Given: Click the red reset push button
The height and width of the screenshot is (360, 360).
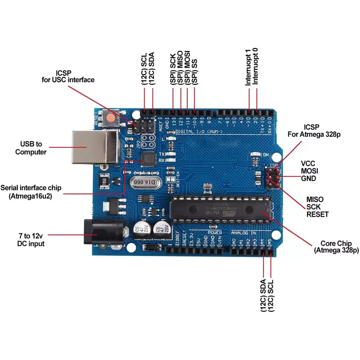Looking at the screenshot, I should click(110, 119).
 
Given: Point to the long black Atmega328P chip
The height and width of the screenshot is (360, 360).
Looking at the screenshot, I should click(221, 209).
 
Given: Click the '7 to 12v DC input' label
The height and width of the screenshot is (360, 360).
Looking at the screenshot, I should click(31, 239).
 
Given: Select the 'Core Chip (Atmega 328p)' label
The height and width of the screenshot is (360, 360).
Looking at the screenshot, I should click(336, 247).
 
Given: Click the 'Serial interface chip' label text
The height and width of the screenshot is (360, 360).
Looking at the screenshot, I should click(31, 188).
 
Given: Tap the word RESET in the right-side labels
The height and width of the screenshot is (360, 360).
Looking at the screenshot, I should click(318, 214).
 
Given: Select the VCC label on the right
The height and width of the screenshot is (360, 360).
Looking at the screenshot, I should click(308, 163).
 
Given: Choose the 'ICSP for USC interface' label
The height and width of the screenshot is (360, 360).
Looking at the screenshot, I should click(68, 76).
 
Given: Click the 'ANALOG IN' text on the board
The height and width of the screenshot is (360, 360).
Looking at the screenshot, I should click(244, 232).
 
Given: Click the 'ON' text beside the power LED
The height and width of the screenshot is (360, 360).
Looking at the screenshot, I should click(266, 155).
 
